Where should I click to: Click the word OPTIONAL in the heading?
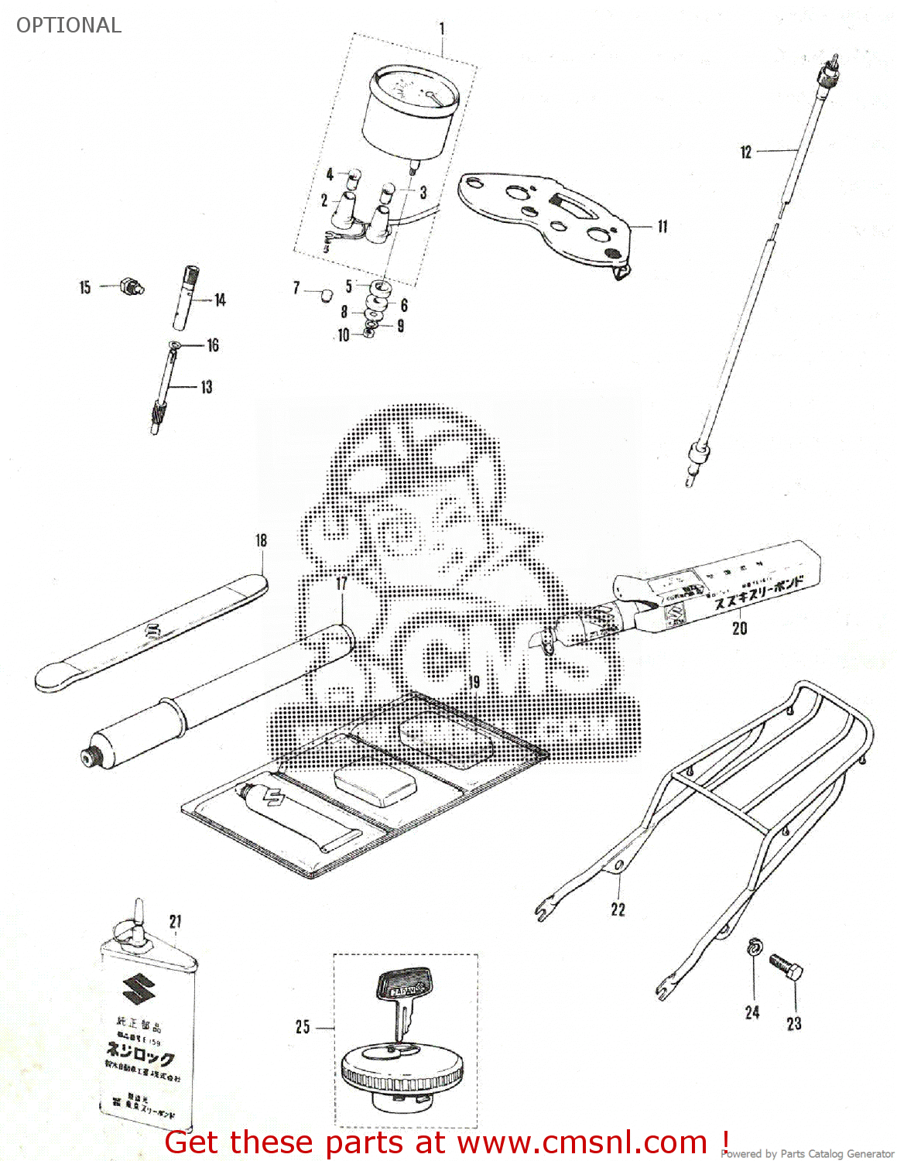69,25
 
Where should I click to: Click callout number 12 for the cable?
745,152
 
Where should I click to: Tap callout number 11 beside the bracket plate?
662,226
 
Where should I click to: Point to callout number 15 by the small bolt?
85,287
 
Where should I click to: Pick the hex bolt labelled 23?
786,968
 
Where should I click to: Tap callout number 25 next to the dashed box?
303,1026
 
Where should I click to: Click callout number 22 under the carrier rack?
618,909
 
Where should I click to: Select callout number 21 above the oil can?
176,921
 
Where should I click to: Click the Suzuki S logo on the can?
139,990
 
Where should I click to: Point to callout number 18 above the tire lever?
262,540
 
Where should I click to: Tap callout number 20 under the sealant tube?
740,628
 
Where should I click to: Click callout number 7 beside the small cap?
296,288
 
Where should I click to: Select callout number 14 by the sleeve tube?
221,300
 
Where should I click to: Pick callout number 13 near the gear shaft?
207,386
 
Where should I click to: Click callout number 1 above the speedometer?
442,29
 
